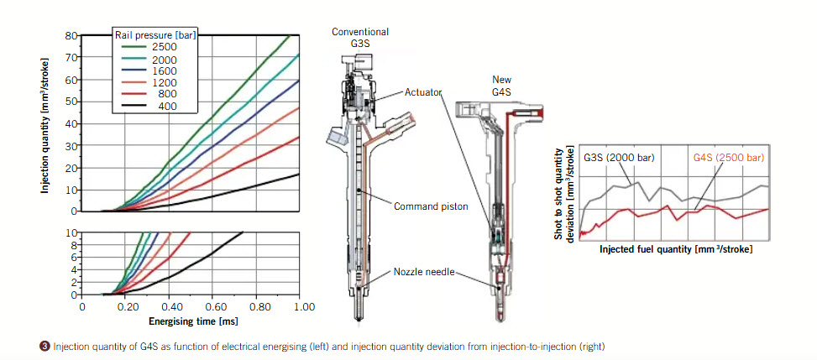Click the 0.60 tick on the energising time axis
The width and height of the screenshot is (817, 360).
click(212, 307)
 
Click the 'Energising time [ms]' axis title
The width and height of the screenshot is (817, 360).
click(193, 321)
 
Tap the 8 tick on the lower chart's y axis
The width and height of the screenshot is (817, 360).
click(75, 245)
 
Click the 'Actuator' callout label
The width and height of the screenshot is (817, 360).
click(422, 93)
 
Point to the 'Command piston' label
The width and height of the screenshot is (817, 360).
click(431, 206)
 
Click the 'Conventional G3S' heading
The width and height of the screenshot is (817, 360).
click(360, 38)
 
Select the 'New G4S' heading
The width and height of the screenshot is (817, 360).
click(502, 85)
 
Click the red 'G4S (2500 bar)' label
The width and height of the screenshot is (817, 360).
click(729, 157)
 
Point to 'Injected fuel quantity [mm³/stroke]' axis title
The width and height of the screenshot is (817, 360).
click(676, 249)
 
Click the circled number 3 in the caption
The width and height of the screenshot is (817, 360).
click(45, 346)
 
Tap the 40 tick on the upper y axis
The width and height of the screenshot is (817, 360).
click(72, 124)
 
